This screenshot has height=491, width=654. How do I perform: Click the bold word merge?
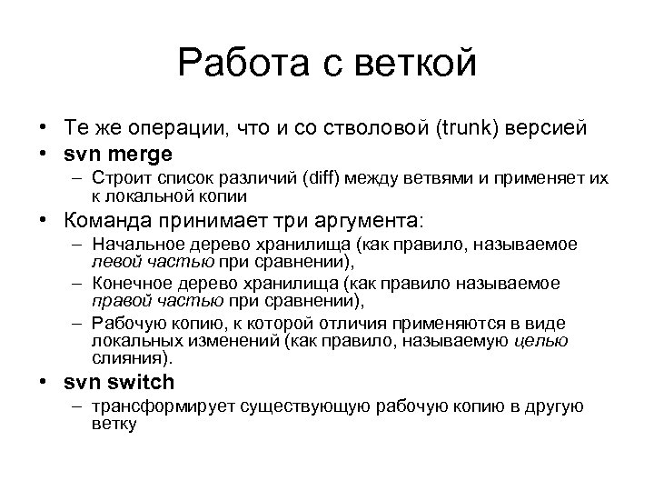[x=138, y=154]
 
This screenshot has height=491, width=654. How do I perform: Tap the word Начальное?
[x=139, y=245]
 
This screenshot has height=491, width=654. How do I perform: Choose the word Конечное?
[x=134, y=286]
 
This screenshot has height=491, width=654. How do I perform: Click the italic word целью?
[x=541, y=341]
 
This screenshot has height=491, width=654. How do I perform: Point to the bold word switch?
[x=139, y=382]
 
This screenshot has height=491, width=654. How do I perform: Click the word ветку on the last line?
[x=114, y=423]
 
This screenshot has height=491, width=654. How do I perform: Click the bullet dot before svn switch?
[x=43, y=383]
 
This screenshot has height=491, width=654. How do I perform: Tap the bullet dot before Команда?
[x=43, y=221]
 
